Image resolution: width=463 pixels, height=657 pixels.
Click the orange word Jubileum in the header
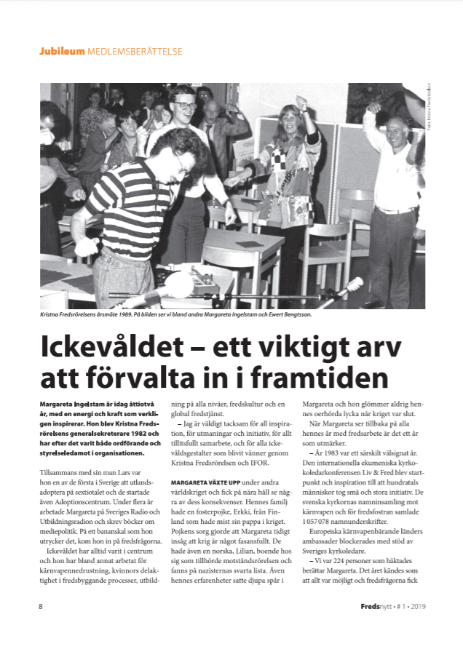click(62, 52)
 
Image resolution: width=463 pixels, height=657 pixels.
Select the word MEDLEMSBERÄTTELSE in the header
click(135, 52)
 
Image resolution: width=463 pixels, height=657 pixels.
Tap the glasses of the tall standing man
click(186, 105)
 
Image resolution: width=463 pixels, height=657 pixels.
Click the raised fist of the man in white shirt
click(375, 108)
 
